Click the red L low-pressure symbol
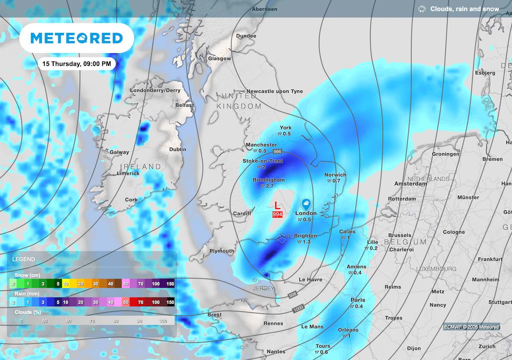(277, 206)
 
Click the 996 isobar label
(278, 152)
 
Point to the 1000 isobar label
(298, 309)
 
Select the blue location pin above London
(306, 204)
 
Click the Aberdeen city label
(264, 9)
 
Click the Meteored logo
(77, 38)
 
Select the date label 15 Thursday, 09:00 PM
(77, 64)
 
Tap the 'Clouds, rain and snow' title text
(464, 9)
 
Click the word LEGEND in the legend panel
(24, 259)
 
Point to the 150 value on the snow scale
(170, 284)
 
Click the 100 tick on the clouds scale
(163, 321)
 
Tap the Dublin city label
(178, 149)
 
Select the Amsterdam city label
(410, 184)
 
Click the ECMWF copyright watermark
(472, 327)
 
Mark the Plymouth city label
(222, 251)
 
